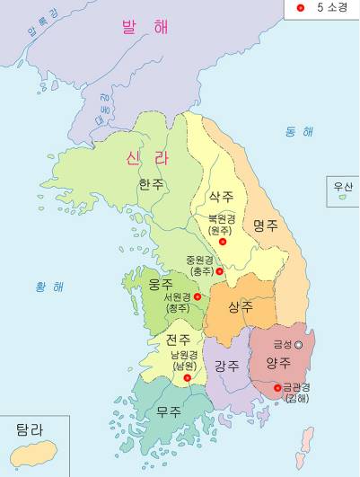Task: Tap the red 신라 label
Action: [146, 158]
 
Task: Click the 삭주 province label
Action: [221, 196]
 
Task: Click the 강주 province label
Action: [226, 366]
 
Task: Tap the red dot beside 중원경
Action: [219, 270]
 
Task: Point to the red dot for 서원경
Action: [198, 296]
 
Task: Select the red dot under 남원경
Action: [188, 378]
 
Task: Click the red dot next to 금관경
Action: [277, 388]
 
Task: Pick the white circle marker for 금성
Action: [299, 345]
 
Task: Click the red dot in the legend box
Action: [301, 9]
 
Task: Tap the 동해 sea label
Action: [300, 133]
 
